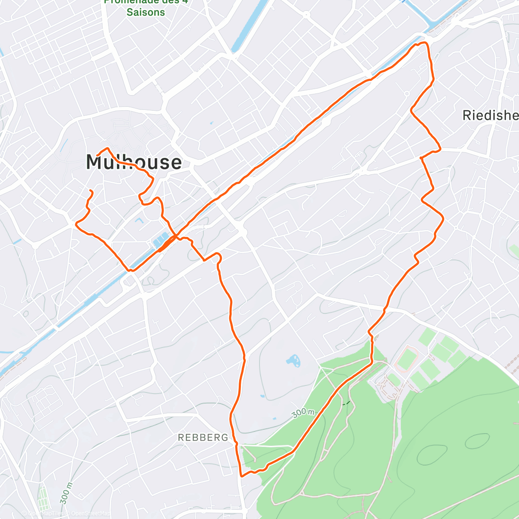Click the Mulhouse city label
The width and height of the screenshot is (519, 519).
tap(134, 162)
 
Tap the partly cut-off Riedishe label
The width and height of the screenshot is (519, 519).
tap(490, 115)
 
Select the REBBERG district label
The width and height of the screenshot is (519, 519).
tap(203, 438)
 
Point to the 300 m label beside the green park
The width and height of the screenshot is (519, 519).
tap(303, 413)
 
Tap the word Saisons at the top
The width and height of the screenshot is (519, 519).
tap(146, 12)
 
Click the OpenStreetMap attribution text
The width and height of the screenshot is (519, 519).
tap(88, 513)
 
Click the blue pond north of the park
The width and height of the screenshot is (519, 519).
tap(293, 360)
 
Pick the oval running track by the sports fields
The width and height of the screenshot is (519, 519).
tap(406, 359)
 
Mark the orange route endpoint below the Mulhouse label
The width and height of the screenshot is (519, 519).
tap(91, 191)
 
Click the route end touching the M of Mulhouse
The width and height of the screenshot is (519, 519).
tap(98, 154)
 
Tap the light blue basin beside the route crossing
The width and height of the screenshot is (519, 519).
tap(161, 240)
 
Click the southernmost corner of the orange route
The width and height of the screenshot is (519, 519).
tap(241, 476)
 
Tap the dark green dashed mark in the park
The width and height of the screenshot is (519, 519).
tap(346, 403)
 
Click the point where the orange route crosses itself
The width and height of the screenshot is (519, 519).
tap(176, 237)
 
